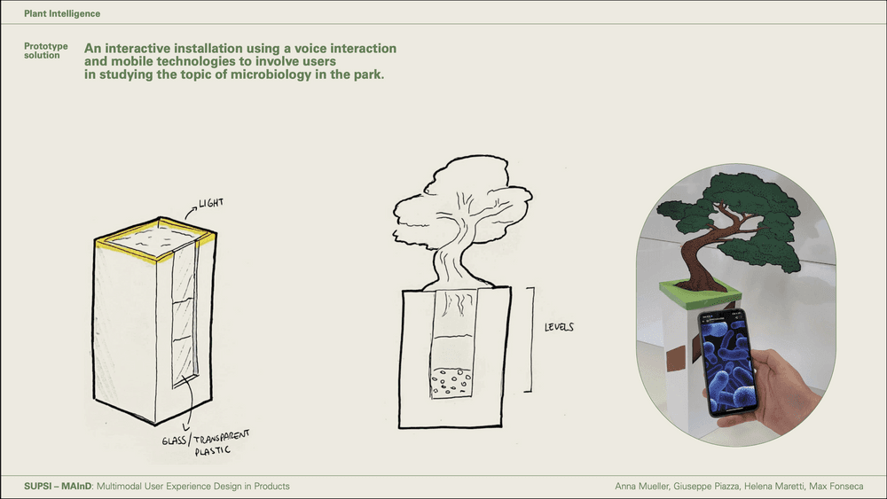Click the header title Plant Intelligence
tap(62, 14)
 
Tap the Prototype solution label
tap(45, 51)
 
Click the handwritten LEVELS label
tap(559, 327)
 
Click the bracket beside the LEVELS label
tap(530, 338)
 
